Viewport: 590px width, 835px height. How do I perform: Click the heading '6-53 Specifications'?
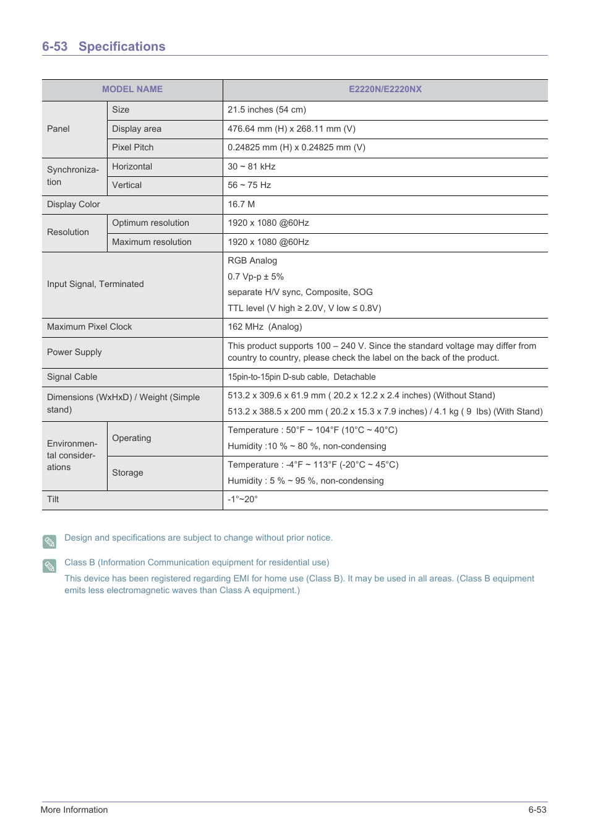click(x=103, y=46)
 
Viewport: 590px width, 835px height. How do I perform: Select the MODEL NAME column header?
click(x=132, y=89)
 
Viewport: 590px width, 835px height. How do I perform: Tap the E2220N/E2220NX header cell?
click(x=385, y=89)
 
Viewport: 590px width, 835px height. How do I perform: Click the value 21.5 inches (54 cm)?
click(x=267, y=109)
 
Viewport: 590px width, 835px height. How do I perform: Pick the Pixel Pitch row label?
click(x=132, y=147)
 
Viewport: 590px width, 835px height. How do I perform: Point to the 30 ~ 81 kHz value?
click(x=251, y=166)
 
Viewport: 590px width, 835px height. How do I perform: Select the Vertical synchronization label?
click(x=127, y=185)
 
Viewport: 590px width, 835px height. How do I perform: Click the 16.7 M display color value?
click(x=241, y=204)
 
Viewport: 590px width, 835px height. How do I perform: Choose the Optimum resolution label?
click(x=150, y=223)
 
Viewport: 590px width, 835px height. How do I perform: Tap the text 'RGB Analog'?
click(x=252, y=260)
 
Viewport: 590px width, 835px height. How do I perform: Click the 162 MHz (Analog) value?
click(x=265, y=327)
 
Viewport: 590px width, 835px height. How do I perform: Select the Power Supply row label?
click(x=74, y=352)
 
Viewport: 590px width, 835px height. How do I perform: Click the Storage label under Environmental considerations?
click(x=127, y=473)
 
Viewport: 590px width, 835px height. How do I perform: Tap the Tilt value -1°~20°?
click(x=242, y=499)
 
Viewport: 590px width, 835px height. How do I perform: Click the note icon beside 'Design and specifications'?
click(x=49, y=542)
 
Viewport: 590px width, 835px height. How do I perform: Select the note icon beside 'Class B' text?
click(x=49, y=566)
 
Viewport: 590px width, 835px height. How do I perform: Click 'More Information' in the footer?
click(x=74, y=810)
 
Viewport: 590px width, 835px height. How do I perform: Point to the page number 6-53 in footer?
click(x=537, y=810)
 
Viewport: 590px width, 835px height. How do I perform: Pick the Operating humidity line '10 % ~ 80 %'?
click(x=307, y=446)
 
